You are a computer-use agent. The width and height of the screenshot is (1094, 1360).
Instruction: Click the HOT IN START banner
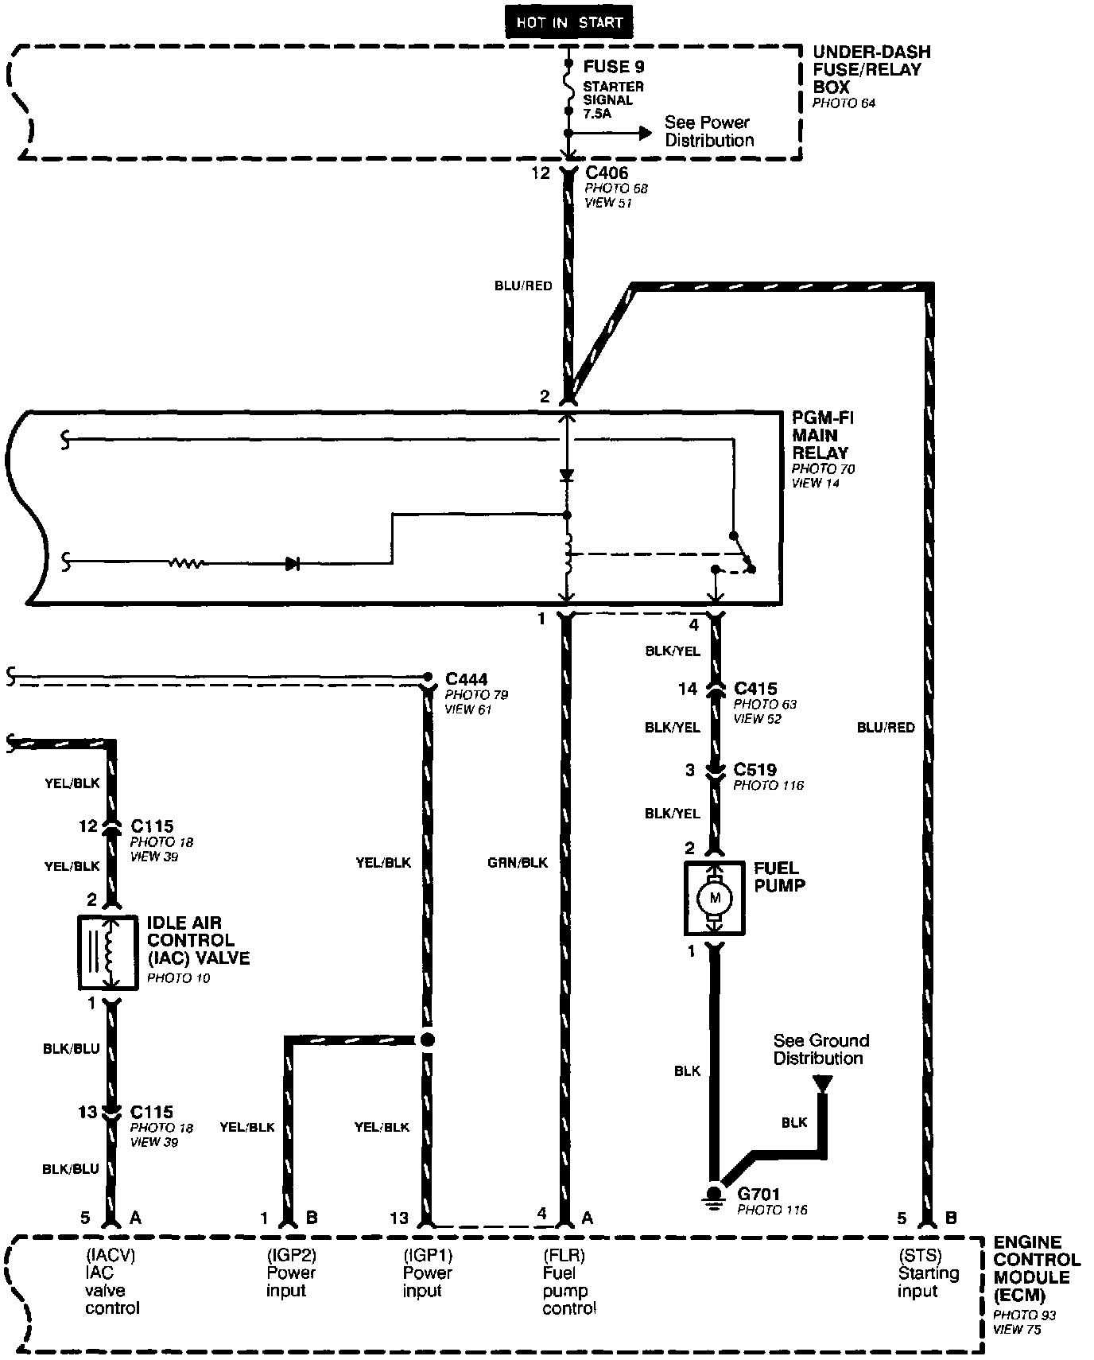click(568, 22)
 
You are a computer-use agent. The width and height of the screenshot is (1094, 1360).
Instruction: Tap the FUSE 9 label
click(613, 67)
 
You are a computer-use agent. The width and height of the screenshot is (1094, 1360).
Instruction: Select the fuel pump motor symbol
click(714, 898)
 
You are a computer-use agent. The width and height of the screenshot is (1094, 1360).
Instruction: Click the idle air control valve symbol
click(107, 952)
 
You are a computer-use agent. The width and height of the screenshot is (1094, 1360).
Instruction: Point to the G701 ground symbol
click(714, 1195)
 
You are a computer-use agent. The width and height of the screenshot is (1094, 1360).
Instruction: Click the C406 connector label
click(606, 173)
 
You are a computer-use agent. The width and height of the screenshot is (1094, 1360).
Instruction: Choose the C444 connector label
click(466, 678)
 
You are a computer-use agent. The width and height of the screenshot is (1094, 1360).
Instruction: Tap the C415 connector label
click(755, 689)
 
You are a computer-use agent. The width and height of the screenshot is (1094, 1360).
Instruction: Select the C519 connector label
click(755, 770)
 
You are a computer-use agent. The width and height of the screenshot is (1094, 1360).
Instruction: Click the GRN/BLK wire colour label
click(518, 862)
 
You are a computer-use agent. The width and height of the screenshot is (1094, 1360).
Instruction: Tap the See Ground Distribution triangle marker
click(822, 1083)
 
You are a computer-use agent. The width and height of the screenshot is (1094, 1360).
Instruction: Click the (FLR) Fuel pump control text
click(569, 1281)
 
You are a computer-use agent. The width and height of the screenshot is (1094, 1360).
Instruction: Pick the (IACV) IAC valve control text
click(112, 1281)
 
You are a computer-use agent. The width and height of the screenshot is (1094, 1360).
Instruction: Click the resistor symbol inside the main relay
click(186, 563)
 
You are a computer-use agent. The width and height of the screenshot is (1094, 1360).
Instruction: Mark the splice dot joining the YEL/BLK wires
click(428, 1039)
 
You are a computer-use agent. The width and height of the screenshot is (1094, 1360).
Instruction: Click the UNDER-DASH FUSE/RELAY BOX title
click(871, 69)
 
